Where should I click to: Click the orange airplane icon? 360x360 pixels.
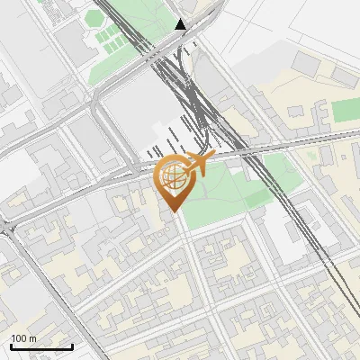pyautogui.click(x=197, y=166)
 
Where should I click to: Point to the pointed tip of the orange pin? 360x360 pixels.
pyautogui.click(x=172, y=211)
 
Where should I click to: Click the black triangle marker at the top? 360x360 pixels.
pyautogui.click(x=181, y=24)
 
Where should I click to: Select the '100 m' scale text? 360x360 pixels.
pyautogui.click(x=24, y=338)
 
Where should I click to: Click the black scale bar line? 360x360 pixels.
pyautogui.click(x=41, y=346)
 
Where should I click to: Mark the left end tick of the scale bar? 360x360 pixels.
pyautogui.click(x=11, y=346)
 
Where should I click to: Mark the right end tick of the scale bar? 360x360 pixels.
pyautogui.click(x=72, y=346)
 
